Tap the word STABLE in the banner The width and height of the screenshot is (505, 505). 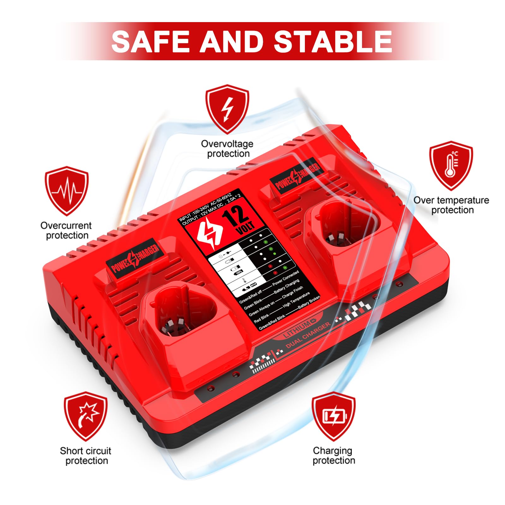point(333,41)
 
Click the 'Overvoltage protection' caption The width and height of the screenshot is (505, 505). point(227,149)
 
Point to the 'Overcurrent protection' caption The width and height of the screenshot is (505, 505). point(66,230)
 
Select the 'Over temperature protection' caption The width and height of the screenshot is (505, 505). point(451,205)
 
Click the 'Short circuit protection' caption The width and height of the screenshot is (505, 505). point(86,455)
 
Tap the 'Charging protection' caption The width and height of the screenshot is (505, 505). point(333,455)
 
